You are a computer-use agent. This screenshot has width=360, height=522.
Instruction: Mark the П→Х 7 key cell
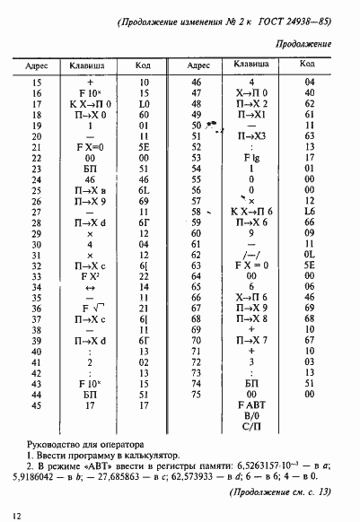coord(250,340)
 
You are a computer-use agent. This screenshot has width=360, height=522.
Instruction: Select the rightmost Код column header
coord(308,65)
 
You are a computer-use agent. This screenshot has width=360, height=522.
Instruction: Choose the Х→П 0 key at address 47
coord(250,92)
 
